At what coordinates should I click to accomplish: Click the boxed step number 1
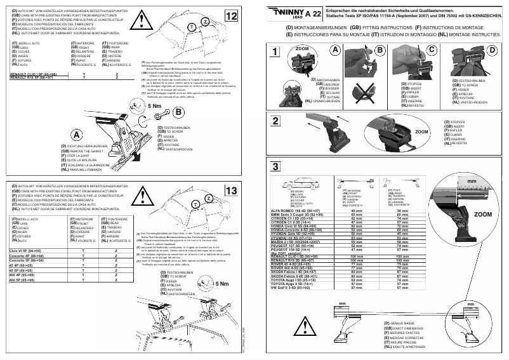point(274,52)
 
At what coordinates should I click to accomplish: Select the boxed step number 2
point(274,121)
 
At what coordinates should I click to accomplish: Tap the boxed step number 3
point(274,167)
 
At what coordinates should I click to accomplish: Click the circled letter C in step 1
point(432,50)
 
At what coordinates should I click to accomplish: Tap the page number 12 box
point(231,15)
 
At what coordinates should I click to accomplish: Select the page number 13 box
point(231,190)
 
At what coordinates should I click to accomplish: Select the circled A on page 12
point(76,135)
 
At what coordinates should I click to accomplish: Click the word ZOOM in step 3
point(482,215)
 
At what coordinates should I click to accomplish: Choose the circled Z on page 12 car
point(207,22)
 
